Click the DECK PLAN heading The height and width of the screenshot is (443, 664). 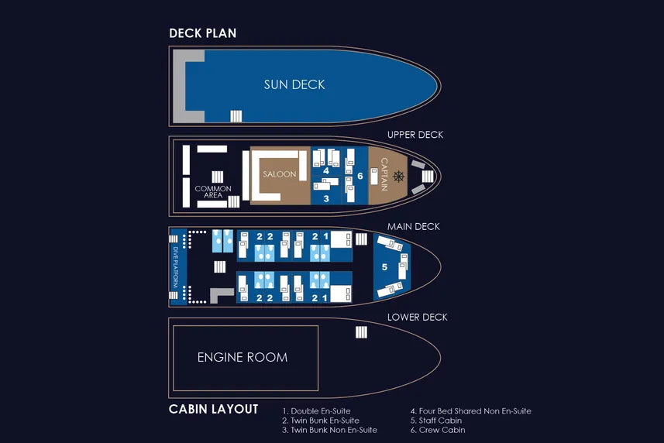[202, 33]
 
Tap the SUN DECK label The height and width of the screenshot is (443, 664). [294, 84]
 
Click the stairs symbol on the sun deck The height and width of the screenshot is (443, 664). [236, 116]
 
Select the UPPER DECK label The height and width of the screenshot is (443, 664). [415, 135]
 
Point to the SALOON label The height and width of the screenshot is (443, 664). [280, 174]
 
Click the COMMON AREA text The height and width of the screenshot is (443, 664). [213, 191]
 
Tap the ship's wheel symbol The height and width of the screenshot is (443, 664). [398, 176]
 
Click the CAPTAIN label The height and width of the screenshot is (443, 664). [384, 174]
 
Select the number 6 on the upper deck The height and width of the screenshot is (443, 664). [360, 176]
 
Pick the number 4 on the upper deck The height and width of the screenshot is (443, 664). [326, 170]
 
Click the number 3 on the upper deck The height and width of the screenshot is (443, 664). [326, 198]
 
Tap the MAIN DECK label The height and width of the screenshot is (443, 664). [413, 227]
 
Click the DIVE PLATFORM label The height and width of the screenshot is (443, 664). [175, 267]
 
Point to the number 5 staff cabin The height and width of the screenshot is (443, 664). [384, 267]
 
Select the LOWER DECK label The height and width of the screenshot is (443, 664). [417, 318]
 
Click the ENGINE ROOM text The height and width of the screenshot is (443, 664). [243, 358]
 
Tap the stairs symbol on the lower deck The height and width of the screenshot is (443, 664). [361, 332]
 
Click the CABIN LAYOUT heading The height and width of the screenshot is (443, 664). [213, 409]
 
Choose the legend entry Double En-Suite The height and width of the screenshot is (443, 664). [316, 410]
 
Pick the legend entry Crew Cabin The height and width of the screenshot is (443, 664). [438, 430]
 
